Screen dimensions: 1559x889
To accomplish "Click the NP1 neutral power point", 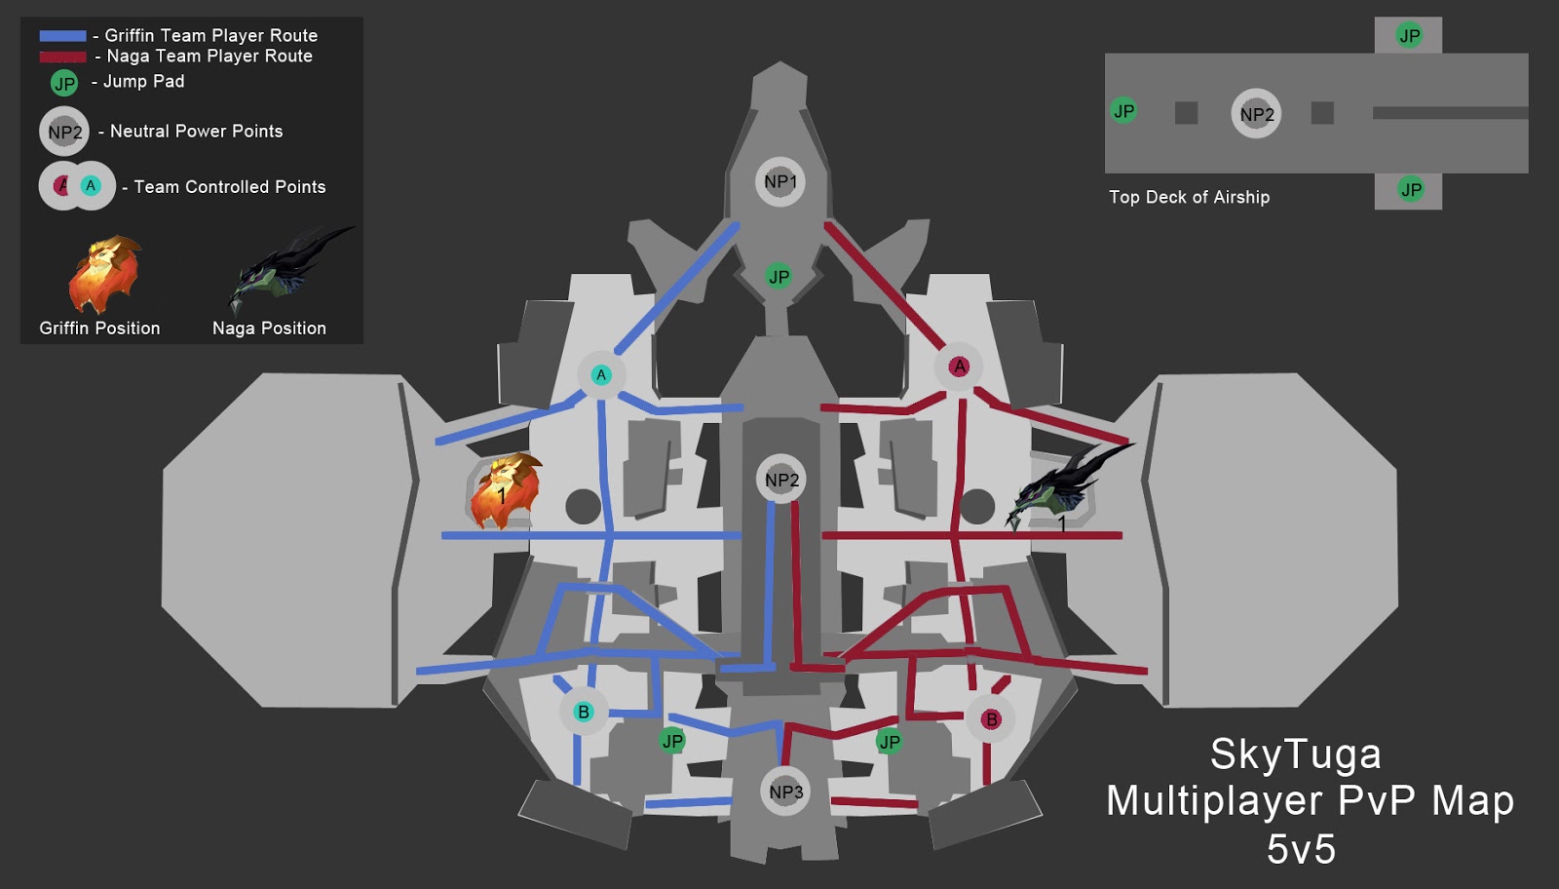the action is pos(779,181).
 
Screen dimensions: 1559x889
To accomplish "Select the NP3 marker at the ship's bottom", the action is pos(785,792).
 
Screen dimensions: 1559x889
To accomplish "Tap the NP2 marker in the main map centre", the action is pos(781,480).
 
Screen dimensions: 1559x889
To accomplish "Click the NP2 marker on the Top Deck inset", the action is pos(1256,114).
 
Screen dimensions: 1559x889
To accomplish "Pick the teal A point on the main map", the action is pos(601,374).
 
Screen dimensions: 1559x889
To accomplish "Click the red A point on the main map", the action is pos(960,367).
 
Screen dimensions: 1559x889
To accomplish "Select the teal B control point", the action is pos(584,712).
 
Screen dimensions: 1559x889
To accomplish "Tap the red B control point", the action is pos(991,719).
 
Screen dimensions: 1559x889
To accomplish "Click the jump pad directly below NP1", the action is pos(779,276).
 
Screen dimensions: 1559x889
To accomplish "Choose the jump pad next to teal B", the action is pos(672,741).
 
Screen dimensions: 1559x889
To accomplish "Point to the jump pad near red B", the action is pos(890,742).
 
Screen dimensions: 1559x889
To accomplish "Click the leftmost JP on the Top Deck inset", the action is pos(1123,111).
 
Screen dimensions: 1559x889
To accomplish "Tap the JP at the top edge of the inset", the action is pos(1409,36).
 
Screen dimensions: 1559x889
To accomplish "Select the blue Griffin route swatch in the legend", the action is pos(62,36).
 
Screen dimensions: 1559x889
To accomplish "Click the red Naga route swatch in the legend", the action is pos(62,57).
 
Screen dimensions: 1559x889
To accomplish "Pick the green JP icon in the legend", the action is pos(64,83).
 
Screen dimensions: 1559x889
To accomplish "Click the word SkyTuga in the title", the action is pos(1295,754).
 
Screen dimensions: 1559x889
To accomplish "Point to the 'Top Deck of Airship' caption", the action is pos(1189,197).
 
